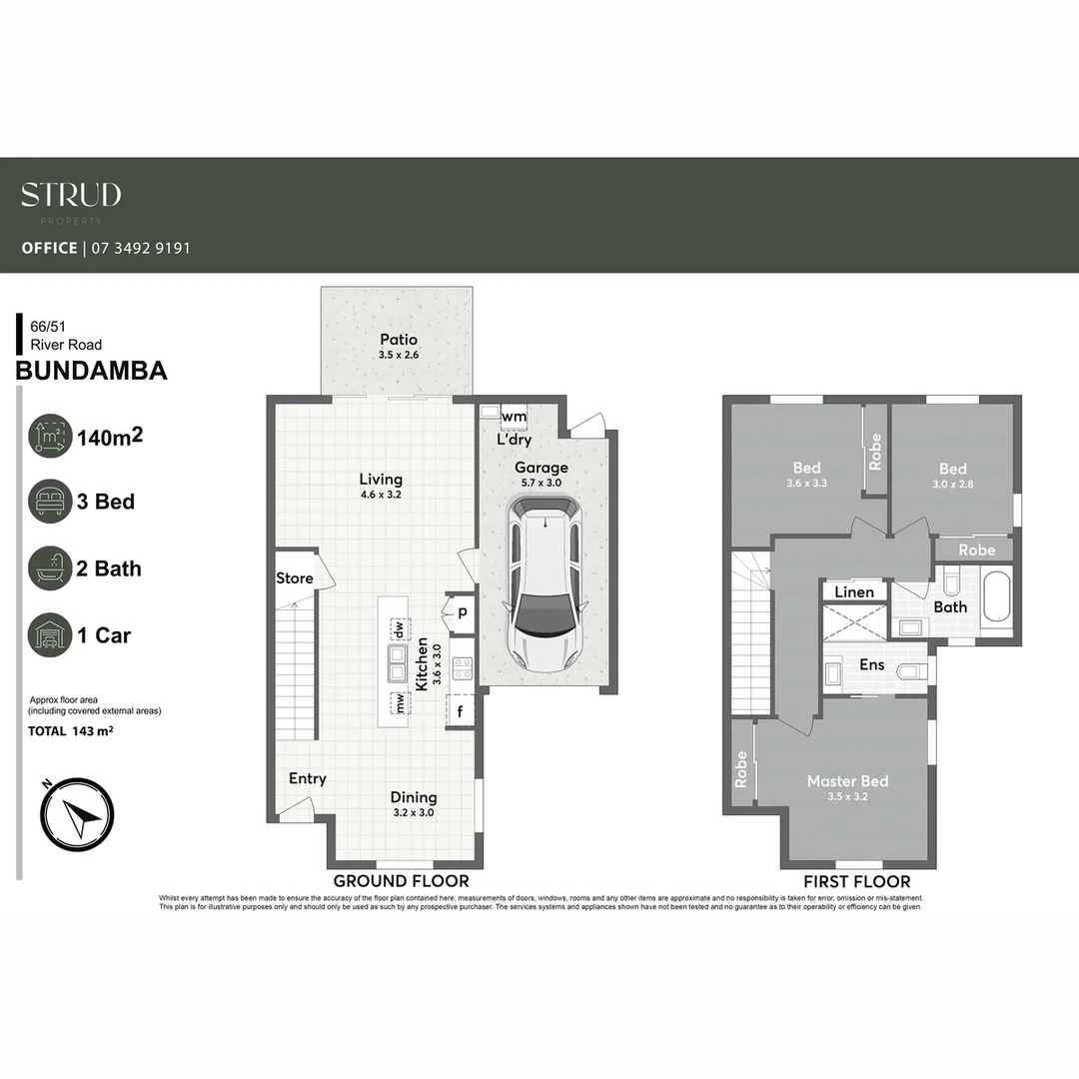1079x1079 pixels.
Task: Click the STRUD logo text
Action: point(71,195)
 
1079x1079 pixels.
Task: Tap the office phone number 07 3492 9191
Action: point(140,248)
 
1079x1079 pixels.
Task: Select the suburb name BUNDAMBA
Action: point(92,372)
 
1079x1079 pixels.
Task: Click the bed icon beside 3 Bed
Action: point(50,501)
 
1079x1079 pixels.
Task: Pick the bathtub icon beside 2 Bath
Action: point(50,568)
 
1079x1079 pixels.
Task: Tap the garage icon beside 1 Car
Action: point(50,634)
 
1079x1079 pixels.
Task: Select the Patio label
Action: point(398,340)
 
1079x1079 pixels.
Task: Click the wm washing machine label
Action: point(515,417)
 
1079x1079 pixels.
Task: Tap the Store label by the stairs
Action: point(294,578)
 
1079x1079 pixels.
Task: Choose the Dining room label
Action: point(414,797)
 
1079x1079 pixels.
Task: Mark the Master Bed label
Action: point(847,781)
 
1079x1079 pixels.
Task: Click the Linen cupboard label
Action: point(854,592)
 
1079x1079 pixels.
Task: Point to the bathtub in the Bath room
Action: point(997,596)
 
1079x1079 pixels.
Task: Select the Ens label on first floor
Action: point(871,664)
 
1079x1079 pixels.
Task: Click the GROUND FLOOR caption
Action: point(401,881)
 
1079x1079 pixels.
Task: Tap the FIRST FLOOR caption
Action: point(857,881)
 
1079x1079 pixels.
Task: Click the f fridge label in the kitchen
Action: point(461,712)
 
